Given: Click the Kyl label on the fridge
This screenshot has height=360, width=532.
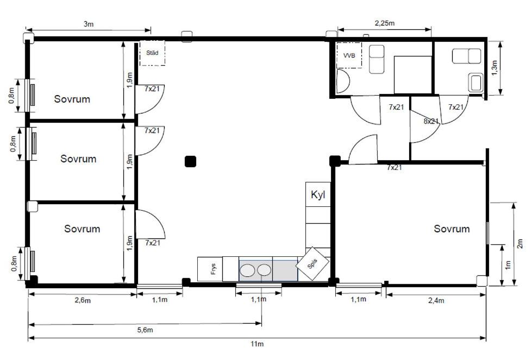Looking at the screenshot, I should (x=318, y=195).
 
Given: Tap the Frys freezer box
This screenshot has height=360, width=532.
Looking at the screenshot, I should (x=210, y=269).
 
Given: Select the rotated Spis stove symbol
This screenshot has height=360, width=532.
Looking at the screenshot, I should (x=312, y=264).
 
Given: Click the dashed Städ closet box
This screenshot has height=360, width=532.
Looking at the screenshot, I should (x=152, y=53).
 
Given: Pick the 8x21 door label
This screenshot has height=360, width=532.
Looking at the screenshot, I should (x=431, y=121).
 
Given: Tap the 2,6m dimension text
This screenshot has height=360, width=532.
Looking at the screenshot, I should (x=82, y=300).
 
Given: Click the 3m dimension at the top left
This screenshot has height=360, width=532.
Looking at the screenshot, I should (x=89, y=24).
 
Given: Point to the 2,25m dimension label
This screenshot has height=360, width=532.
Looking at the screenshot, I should (x=384, y=23).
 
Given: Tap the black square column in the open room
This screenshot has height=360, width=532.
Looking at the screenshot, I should (x=190, y=161).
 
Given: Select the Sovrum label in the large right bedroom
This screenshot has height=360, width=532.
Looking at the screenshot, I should (x=452, y=229).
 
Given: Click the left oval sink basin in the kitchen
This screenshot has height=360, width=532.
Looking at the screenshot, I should (x=248, y=270).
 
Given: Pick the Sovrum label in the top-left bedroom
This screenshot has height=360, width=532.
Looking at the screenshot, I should (x=72, y=99).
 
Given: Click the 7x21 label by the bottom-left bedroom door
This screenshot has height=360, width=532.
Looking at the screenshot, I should (x=153, y=243).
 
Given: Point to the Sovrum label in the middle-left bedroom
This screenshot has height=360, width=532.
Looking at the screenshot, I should (x=78, y=159).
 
